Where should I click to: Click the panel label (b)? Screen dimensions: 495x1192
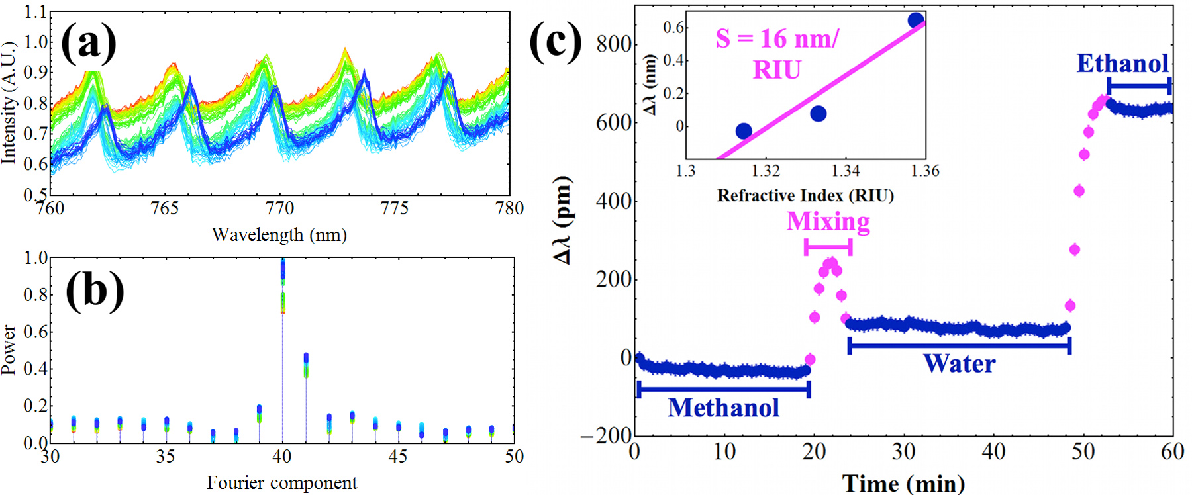tap(95, 291)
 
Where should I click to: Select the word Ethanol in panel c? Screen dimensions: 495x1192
tap(1122, 64)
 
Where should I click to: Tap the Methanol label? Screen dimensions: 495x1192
tap(723, 408)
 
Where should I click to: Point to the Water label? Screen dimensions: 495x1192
tap(959, 363)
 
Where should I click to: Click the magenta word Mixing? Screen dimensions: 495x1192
tap(828, 222)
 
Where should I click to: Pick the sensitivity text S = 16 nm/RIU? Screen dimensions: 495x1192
tap(777, 54)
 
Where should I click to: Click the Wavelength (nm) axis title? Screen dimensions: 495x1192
tap(279, 234)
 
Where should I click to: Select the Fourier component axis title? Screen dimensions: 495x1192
tap(281, 483)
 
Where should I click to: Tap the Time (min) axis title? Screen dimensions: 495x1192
tap(903, 484)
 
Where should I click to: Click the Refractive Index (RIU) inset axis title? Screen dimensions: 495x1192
tap(805, 196)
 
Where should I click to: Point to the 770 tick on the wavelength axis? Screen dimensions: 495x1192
tap(279, 208)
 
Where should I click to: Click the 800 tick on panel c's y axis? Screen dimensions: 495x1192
tap(614, 44)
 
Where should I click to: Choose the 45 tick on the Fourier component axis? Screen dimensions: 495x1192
tap(398, 457)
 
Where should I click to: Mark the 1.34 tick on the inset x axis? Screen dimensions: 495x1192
tap(845, 171)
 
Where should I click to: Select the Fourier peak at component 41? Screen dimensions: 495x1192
tap(306, 361)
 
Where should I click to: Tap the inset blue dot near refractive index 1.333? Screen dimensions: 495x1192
tap(819, 114)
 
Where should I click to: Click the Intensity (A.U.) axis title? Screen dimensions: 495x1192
tap(9, 103)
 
